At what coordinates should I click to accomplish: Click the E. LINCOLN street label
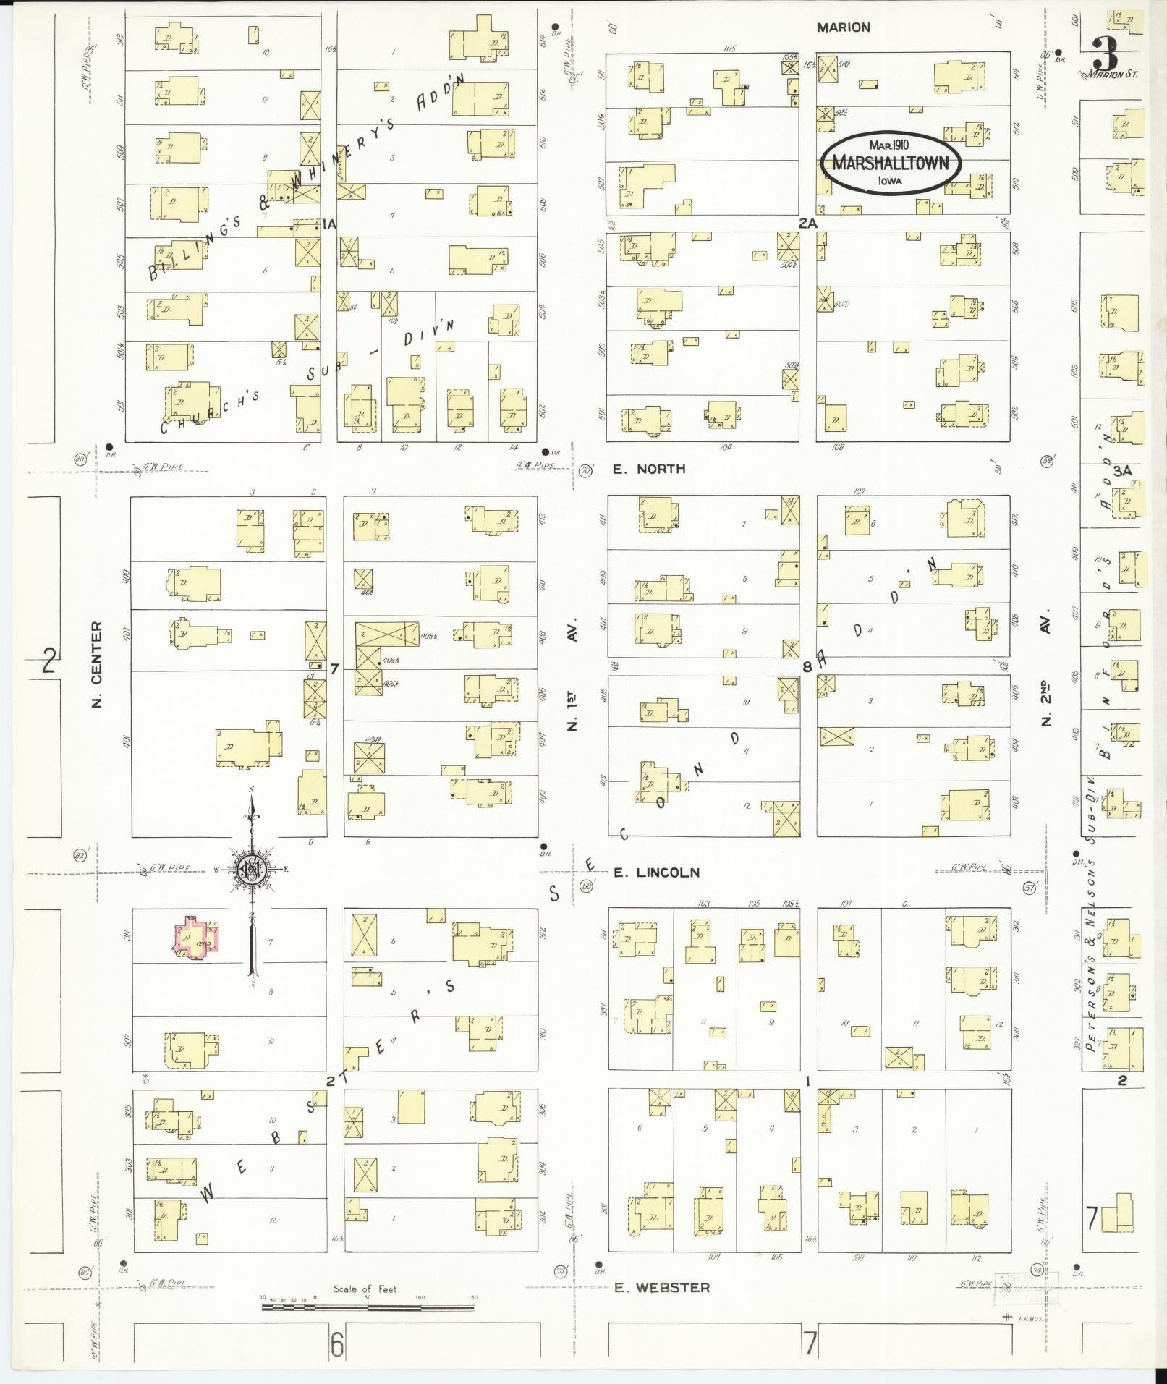tap(656, 873)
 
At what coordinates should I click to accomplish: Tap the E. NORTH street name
tap(649, 469)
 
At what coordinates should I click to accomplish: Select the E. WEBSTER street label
tap(661, 1287)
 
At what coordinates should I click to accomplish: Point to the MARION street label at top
tap(843, 27)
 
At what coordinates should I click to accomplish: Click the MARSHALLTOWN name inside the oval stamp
tap(890, 164)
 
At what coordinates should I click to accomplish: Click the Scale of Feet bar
tap(367, 1307)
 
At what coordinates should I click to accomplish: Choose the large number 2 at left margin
tap(48, 661)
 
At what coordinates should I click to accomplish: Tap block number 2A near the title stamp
tap(807, 224)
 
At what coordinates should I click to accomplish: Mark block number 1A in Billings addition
tap(329, 225)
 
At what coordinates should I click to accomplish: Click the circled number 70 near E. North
tap(586, 470)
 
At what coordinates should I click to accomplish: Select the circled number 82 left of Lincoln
tap(80, 857)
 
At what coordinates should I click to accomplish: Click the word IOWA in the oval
tap(890, 182)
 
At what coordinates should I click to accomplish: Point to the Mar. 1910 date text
tap(889, 145)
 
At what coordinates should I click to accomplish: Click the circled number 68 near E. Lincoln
tap(587, 886)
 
